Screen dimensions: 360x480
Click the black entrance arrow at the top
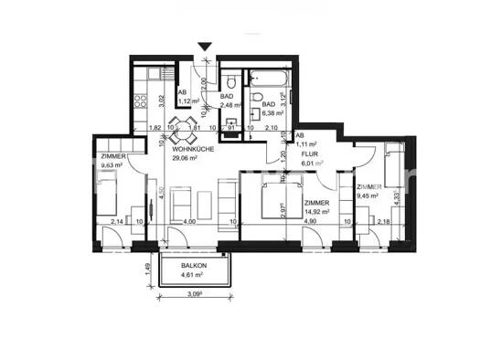205,47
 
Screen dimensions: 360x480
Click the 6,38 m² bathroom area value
272,115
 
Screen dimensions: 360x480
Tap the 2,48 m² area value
230,115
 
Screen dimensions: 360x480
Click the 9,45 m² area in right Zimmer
369,194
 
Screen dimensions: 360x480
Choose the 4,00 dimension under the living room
189,222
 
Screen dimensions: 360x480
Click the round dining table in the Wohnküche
187,127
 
